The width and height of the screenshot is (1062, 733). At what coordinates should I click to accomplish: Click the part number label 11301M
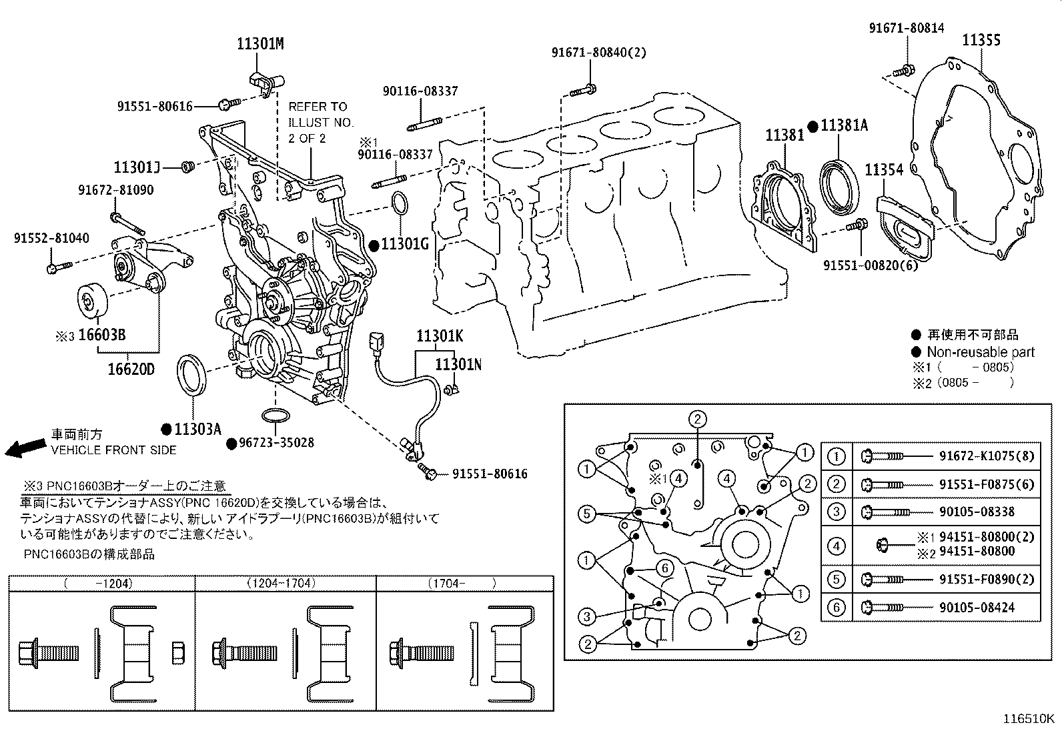260,45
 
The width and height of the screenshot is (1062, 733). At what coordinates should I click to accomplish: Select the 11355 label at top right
981,40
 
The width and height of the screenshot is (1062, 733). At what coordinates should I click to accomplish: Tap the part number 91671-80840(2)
599,53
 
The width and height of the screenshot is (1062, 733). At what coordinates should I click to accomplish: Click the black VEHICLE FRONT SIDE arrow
21,448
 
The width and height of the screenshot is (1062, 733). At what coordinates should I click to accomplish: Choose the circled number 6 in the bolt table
836,607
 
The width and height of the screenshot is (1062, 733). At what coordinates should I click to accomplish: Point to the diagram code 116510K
1029,719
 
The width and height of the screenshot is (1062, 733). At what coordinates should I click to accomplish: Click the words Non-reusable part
980,352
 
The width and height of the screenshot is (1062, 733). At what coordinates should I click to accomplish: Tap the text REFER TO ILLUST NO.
320,115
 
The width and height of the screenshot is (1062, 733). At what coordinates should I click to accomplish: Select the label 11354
884,170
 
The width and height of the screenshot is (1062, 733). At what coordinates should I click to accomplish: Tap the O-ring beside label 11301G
399,205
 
